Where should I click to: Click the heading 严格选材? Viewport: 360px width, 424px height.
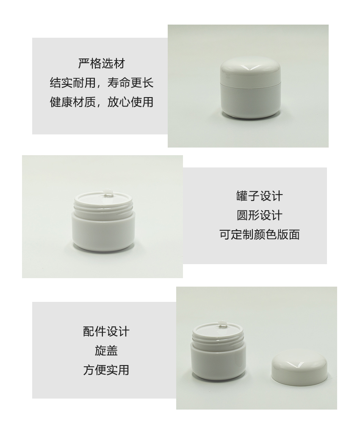(x=102, y=64)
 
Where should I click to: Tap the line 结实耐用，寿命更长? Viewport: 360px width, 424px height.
(x=102, y=83)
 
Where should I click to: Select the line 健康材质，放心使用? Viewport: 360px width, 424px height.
(x=102, y=102)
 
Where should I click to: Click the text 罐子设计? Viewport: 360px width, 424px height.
(x=260, y=196)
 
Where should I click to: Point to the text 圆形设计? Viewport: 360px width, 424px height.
(x=260, y=215)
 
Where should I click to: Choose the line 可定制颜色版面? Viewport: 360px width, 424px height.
(x=260, y=234)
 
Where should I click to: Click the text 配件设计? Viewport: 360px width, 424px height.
(x=106, y=332)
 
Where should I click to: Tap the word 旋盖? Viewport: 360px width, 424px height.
(x=106, y=351)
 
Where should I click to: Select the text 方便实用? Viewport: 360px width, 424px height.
(x=106, y=370)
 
